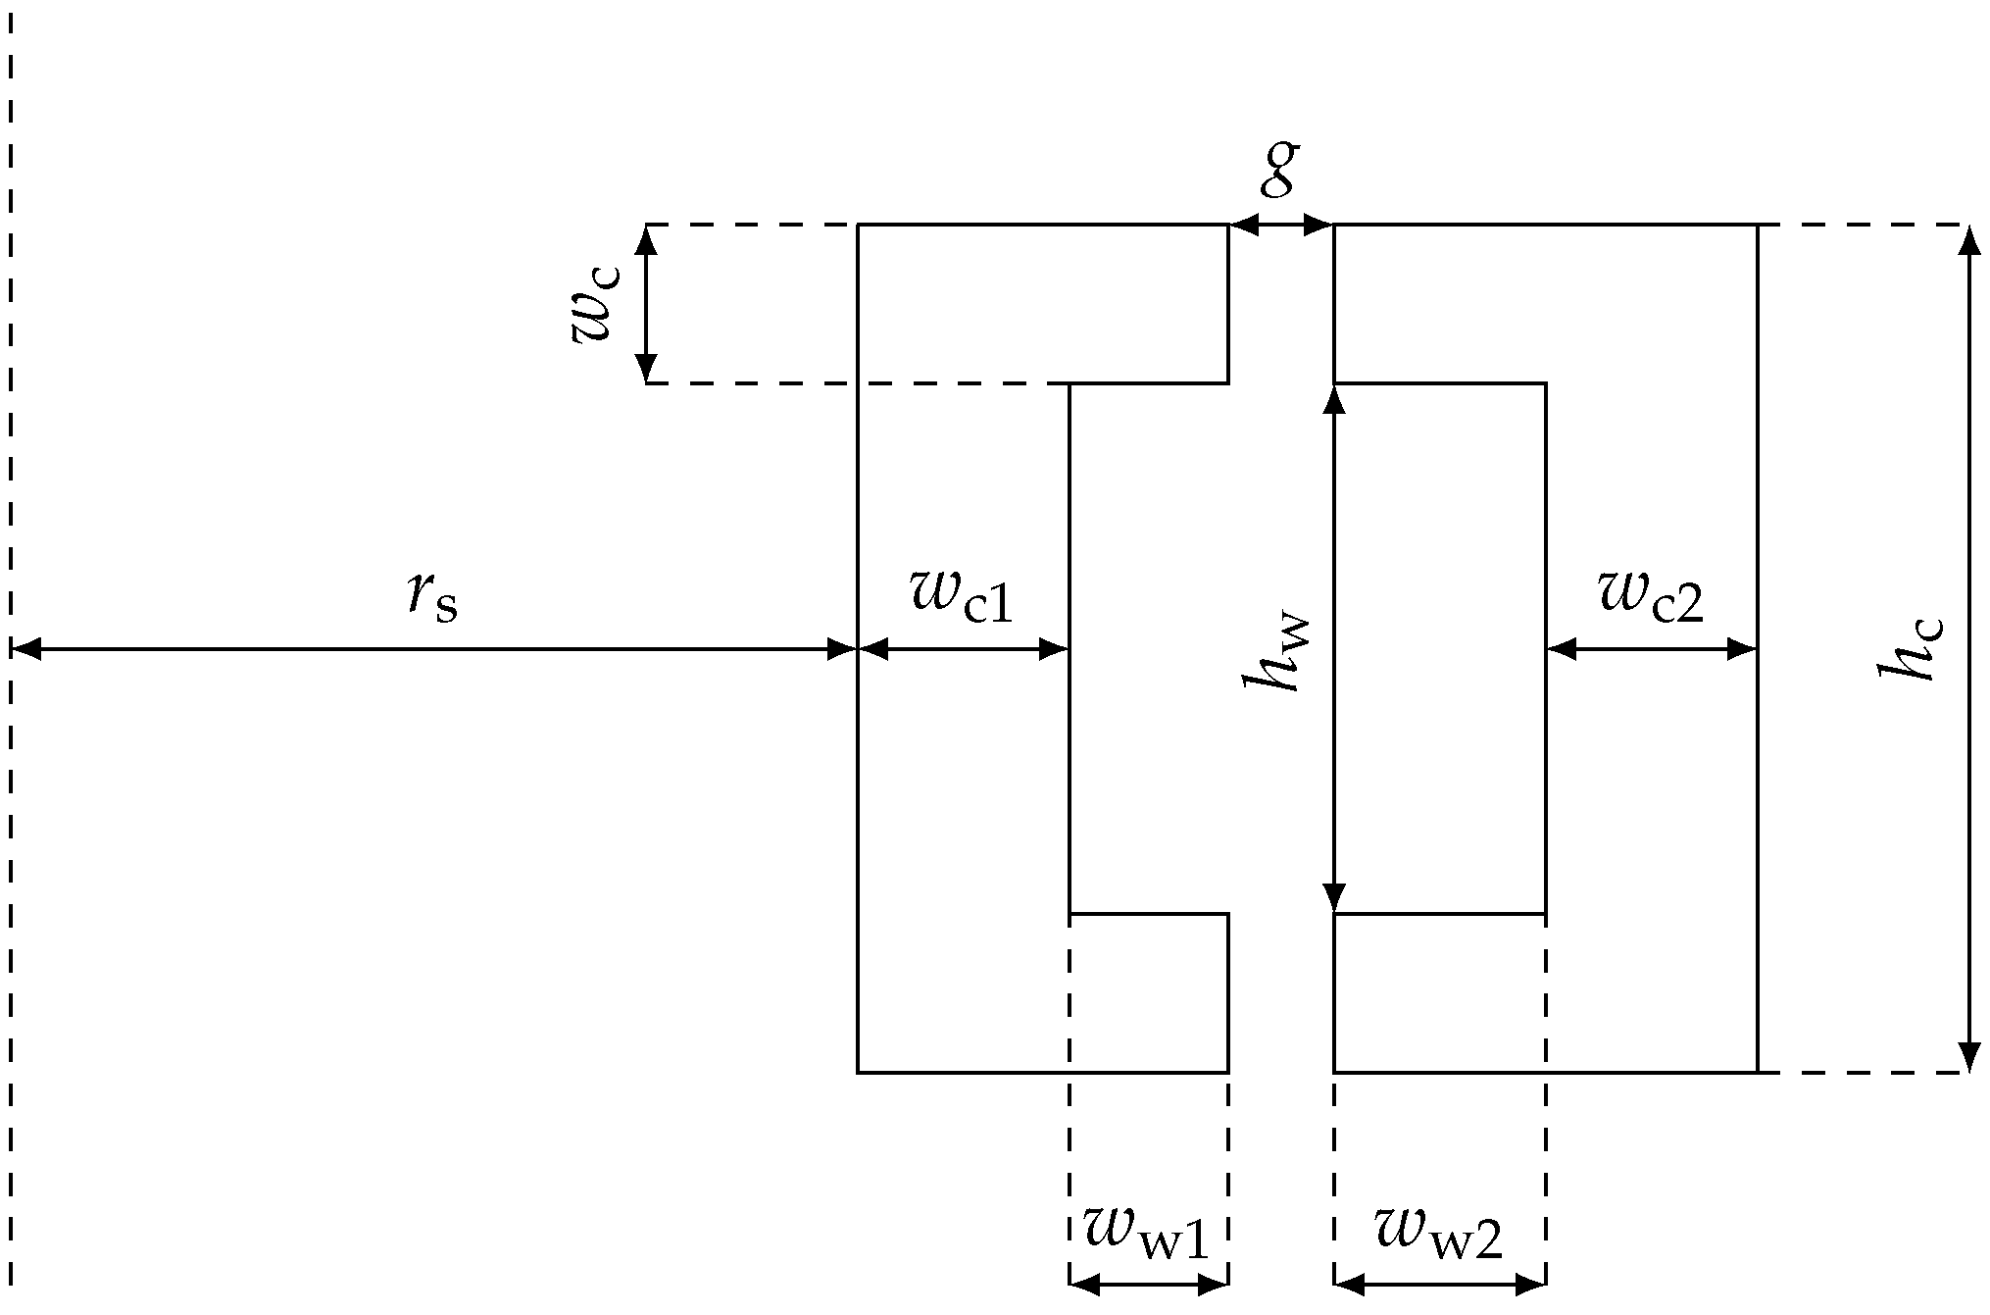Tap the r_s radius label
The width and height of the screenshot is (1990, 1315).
pos(432,596)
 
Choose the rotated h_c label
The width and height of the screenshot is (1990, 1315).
pos(1908,649)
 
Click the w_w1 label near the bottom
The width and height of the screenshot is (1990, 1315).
pos(1146,1232)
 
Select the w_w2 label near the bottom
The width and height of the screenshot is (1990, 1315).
pos(1438,1232)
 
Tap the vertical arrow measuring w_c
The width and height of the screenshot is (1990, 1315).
pos(646,304)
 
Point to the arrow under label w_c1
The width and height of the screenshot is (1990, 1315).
pos(964,649)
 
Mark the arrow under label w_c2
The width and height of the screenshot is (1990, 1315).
pos(1652,649)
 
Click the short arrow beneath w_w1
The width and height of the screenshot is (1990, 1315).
pos(1149,1285)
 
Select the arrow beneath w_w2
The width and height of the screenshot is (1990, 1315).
pos(1440,1285)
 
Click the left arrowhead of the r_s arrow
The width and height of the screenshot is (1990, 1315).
pos(25,649)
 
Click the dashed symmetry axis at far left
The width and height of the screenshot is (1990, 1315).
pos(11,392)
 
